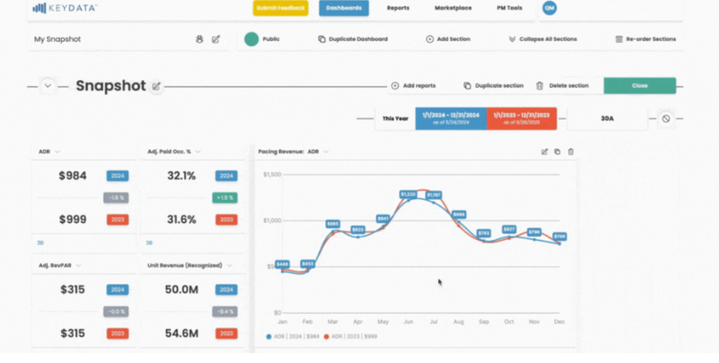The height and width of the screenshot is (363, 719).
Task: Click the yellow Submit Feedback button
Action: click(280, 8)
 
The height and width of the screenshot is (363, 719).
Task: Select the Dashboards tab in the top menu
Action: click(344, 8)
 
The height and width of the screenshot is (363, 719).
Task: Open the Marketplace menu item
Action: click(453, 8)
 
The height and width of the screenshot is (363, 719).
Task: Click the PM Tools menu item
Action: click(509, 8)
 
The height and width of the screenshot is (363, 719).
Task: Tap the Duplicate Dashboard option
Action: click(353, 40)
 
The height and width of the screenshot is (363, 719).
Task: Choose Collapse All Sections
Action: click(542, 40)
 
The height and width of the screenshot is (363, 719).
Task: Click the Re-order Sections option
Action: click(646, 40)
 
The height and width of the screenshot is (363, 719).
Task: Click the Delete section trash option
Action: click(562, 86)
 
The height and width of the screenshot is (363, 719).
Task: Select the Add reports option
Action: click(413, 86)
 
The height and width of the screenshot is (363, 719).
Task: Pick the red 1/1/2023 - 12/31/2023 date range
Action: click(522, 118)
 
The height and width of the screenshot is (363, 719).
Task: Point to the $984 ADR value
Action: click(72, 175)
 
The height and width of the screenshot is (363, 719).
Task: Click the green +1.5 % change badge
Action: click(226, 198)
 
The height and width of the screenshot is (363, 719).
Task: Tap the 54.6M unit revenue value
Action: click(181, 334)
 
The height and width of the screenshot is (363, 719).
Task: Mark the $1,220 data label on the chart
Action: click(408, 194)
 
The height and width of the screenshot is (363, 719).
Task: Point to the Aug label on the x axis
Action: click(459, 322)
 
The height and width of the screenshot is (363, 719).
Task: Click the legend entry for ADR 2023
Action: click(352, 336)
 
